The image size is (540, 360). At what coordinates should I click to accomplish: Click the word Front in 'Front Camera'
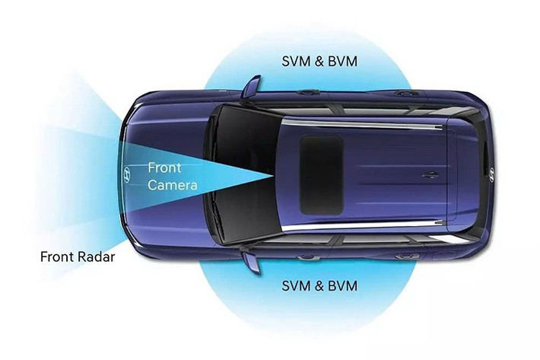[164, 167]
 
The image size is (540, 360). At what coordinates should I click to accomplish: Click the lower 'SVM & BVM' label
[319, 286]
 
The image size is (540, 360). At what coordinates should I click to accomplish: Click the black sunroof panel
[320, 174]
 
